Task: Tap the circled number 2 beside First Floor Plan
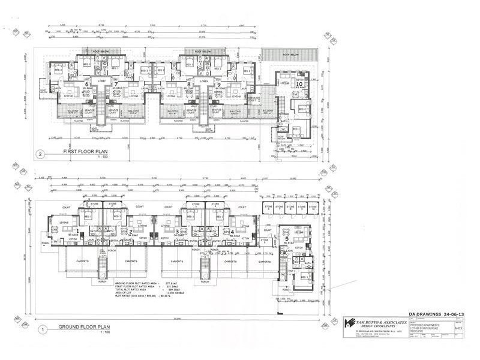[40, 152]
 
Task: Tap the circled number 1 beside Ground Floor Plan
[40, 329]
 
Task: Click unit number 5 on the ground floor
[286, 239]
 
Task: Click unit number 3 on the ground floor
[177, 232]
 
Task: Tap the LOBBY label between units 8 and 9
[204, 80]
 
